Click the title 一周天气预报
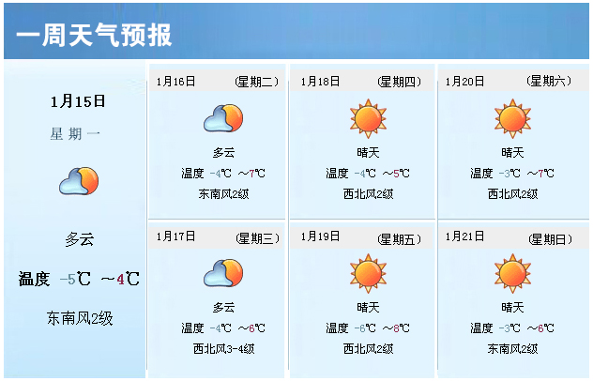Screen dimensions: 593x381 coord(94,35)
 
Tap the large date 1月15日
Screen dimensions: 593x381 coord(78,101)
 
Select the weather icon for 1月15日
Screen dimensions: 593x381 coord(79,181)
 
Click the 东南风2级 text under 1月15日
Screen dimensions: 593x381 coord(80,318)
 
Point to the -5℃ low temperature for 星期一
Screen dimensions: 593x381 coord(75,280)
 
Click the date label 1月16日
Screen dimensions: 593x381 coord(175,82)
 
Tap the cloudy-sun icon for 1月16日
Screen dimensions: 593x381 coord(223,118)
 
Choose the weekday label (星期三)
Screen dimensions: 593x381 coord(257,238)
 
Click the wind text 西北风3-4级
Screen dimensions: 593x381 coord(223,348)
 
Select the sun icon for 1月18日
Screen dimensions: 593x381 coord(368,119)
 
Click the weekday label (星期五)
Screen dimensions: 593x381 coord(399,239)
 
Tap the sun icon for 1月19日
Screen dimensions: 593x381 coord(368,273)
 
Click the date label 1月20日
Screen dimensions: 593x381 coord(464,82)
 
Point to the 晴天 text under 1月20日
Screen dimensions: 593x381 coord(512,153)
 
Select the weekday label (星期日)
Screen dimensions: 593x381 coord(550,239)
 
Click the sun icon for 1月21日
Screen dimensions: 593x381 coord(513,273)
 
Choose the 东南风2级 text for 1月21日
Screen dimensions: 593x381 coord(512,348)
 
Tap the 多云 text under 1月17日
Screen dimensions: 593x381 coord(223,307)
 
